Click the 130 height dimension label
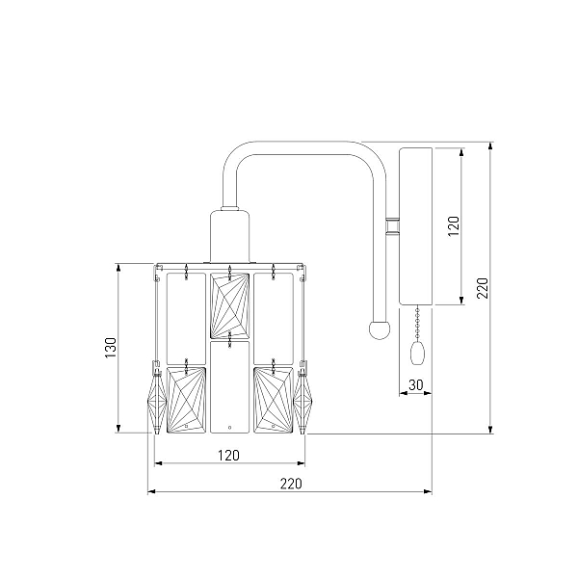(111, 347)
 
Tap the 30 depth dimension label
(416, 384)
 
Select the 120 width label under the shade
(228, 456)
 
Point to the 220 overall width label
(291, 484)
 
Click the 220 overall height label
(483, 288)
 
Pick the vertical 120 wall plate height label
(454, 226)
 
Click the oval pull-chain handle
(418, 353)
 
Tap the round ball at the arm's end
(380, 329)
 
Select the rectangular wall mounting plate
(416, 226)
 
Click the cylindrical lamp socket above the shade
(229, 236)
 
